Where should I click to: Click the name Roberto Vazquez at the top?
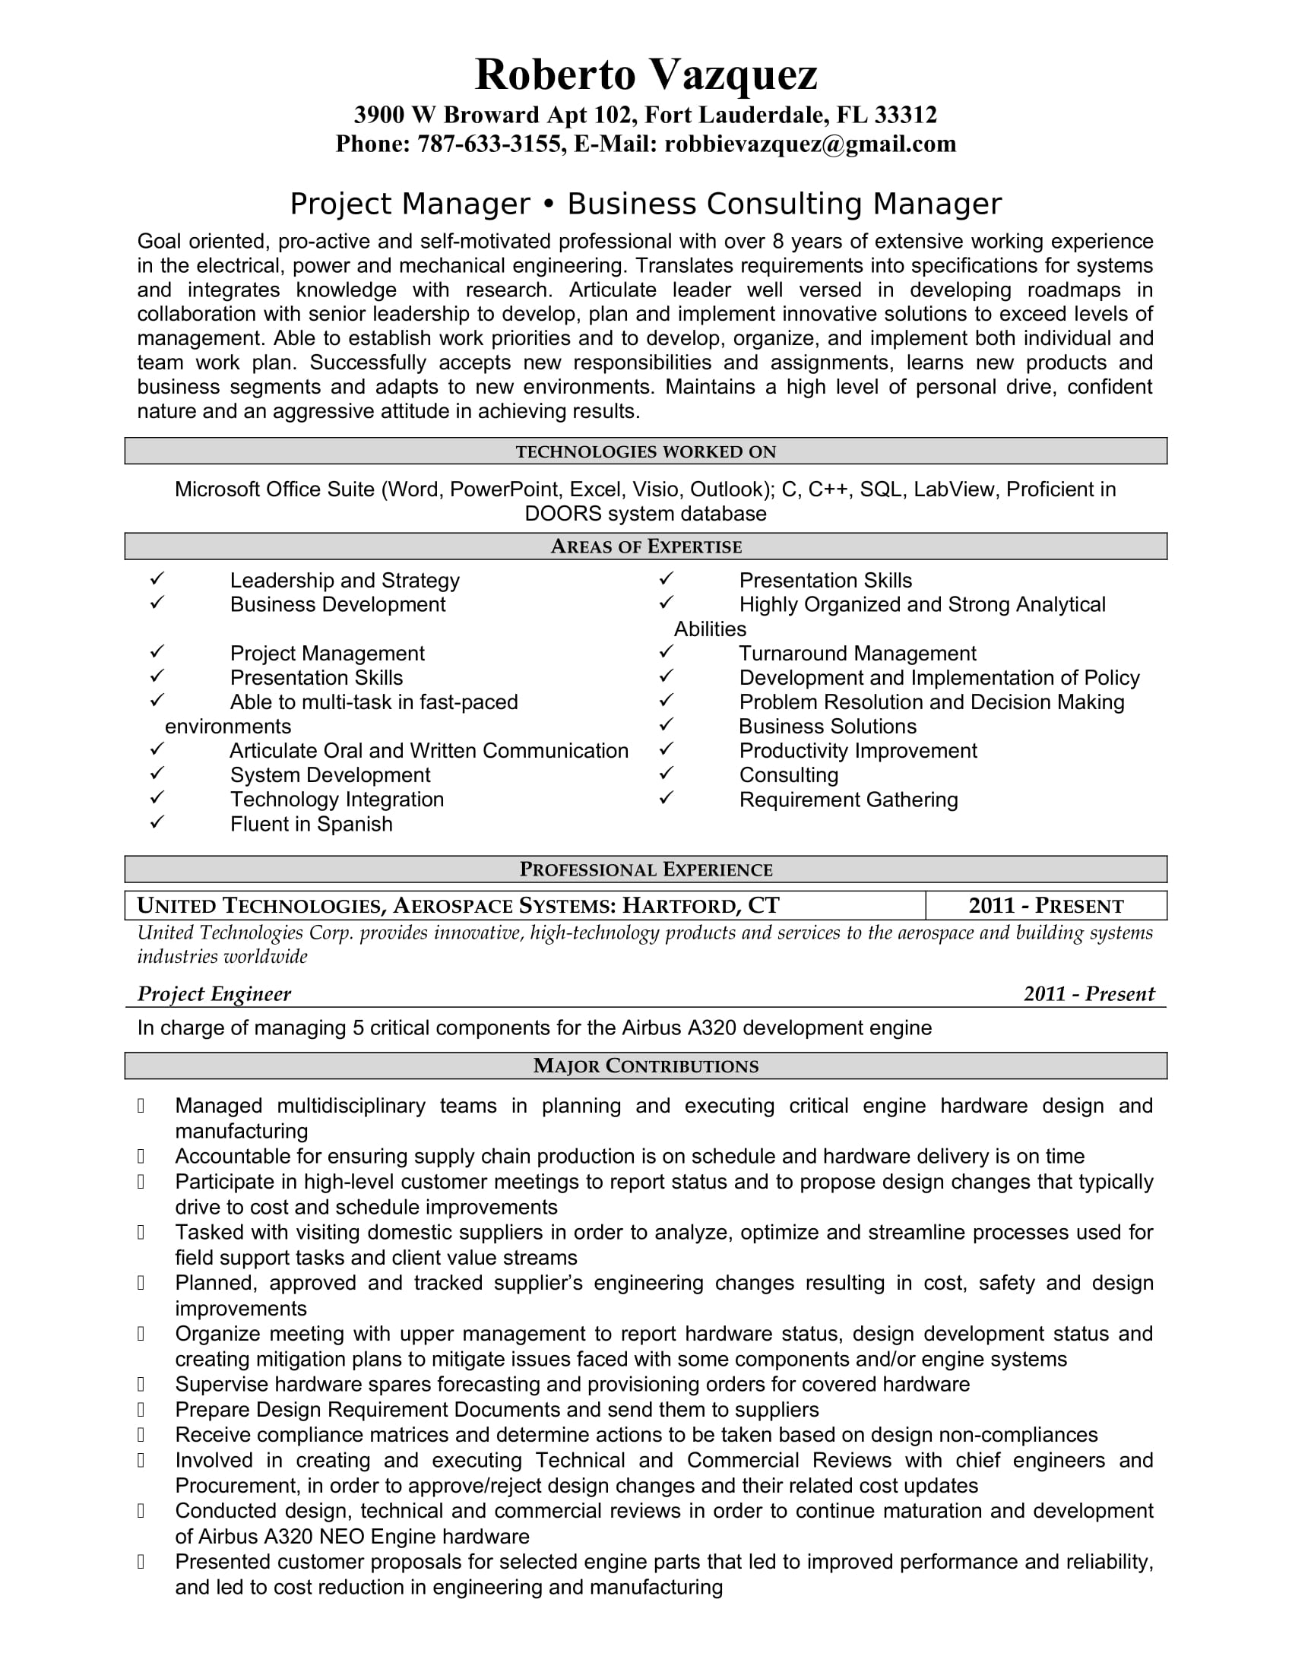click(x=646, y=74)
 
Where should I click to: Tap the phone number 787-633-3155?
click(x=489, y=144)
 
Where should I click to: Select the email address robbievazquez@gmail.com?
click(x=810, y=144)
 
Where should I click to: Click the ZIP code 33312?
click(x=905, y=115)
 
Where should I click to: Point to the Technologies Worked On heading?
click(x=646, y=451)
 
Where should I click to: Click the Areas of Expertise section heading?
click(x=646, y=546)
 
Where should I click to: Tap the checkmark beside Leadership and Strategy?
click(x=157, y=579)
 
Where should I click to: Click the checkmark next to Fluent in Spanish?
click(x=157, y=822)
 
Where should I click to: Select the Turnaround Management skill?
click(x=857, y=654)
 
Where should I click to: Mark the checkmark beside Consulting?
click(x=667, y=773)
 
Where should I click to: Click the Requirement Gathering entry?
click(x=848, y=800)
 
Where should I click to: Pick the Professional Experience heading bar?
click(x=646, y=869)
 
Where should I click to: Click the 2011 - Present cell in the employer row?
click(x=1046, y=906)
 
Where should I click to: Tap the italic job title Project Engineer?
click(x=214, y=994)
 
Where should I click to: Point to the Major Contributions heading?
click(x=646, y=1066)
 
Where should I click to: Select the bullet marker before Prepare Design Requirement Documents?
click(x=141, y=1409)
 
